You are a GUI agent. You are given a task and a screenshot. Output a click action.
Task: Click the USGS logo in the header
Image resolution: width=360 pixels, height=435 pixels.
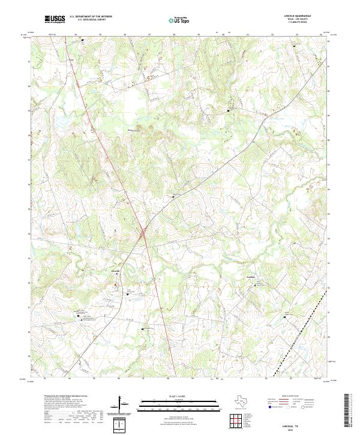tap(55, 19)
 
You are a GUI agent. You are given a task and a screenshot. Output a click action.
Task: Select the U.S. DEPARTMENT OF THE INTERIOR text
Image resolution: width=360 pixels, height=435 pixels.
tap(91, 16)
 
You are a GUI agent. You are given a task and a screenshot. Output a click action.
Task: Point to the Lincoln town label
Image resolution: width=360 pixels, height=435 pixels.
tap(116, 271)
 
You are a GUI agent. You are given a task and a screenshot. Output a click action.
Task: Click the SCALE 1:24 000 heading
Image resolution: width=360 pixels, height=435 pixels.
tap(173, 397)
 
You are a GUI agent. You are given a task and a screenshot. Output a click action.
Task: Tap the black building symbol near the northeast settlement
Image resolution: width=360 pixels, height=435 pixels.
tap(229, 111)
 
